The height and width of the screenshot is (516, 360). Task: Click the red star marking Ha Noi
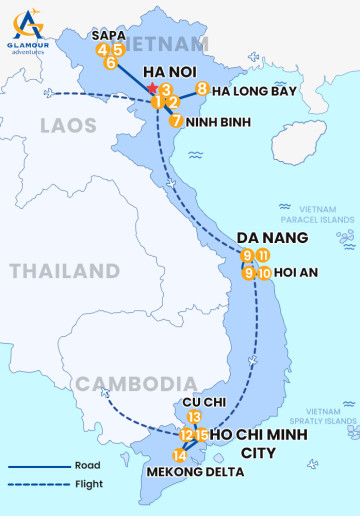151,89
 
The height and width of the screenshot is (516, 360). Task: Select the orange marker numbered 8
202,89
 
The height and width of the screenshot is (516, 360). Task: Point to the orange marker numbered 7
176,121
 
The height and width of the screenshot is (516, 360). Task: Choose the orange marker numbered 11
263,255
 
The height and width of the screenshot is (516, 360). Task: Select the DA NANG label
271,237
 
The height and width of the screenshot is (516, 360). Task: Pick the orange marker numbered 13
194,417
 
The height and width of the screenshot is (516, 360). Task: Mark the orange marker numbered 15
202,434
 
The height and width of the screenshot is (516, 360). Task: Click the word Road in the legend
87,465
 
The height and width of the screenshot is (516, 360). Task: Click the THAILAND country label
65,271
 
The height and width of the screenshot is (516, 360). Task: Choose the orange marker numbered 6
110,62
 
